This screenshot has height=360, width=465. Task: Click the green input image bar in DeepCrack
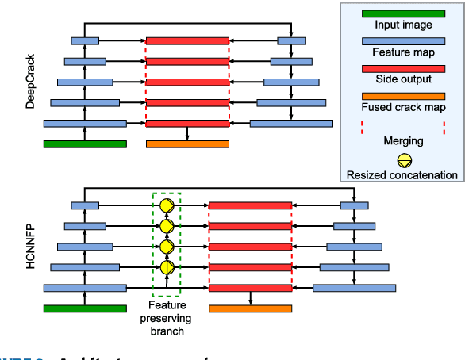pyautogui.click(x=85, y=144)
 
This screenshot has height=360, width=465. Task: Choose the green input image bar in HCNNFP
pyautogui.click(x=85, y=308)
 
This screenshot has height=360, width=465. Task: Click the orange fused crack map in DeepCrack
pyautogui.click(x=187, y=144)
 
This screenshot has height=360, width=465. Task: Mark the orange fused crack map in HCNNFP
pyautogui.click(x=251, y=308)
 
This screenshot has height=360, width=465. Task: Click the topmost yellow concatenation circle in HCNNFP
pyautogui.click(x=167, y=206)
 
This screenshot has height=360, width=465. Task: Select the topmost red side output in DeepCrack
pyautogui.click(x=187, y=40)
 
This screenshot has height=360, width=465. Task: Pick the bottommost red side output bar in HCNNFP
pyautogui.click(x=251, y=288)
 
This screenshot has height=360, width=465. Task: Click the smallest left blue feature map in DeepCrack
pyautogui.click(x=85, y=40)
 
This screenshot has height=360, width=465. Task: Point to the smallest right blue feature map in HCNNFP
pyautogui.click(x=354, y=206)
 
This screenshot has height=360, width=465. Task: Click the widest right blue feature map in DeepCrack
pyautogui.click(x=291, y=123)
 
